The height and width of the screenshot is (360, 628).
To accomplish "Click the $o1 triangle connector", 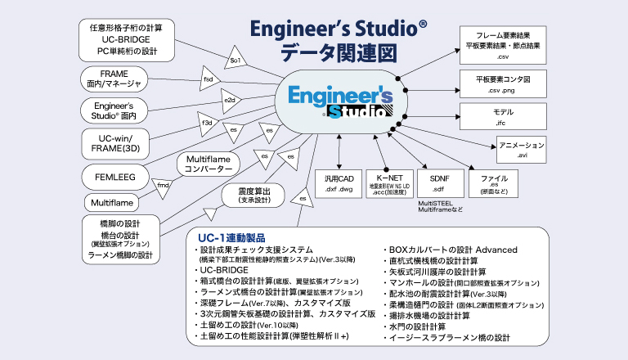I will pos(233,60).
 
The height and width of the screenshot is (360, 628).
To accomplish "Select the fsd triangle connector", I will pos(209,80).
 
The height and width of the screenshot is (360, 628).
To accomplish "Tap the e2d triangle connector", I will pos(229,101).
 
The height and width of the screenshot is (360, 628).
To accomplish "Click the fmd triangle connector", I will pos(164,185).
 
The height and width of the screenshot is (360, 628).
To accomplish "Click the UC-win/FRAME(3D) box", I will pos(114,144).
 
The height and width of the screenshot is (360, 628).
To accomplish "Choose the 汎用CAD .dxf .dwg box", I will pos(338,182).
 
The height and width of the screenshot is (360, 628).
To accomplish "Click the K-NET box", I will pos(388,182).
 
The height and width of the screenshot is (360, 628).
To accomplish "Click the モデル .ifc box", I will pos(503,115).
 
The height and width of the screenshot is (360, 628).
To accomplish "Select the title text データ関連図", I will pos(338,54).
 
